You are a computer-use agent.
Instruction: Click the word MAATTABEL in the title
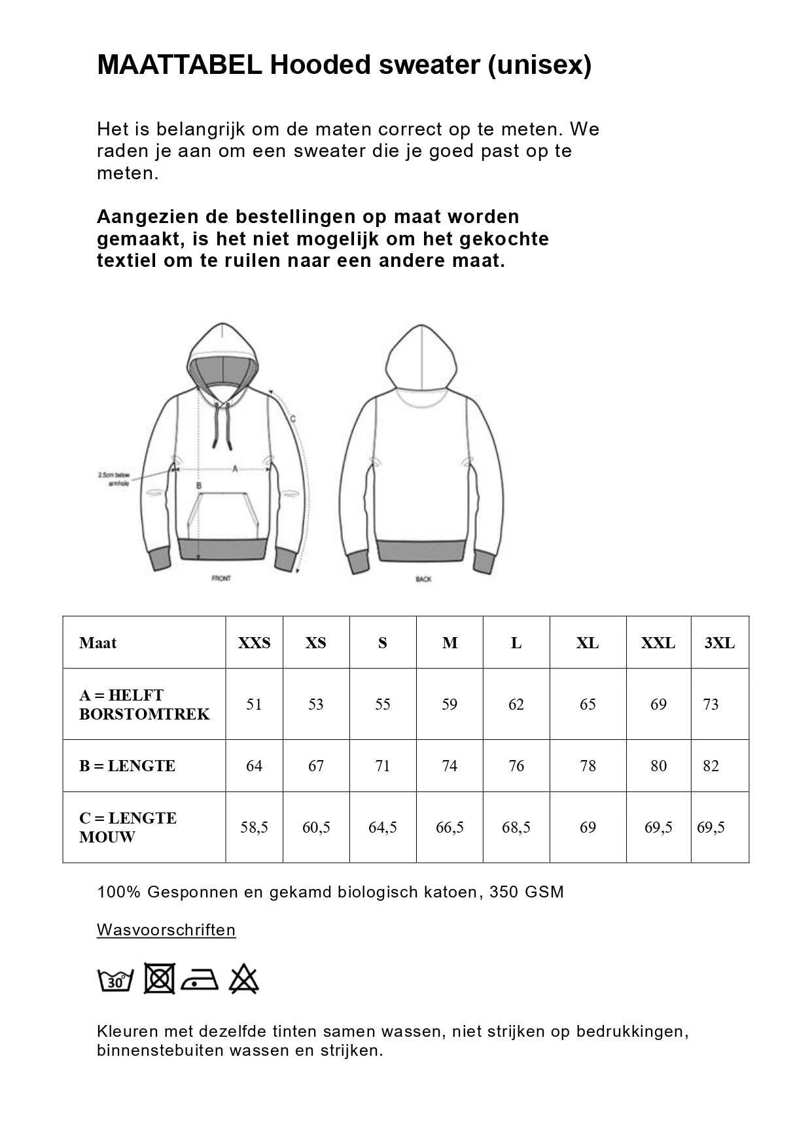[x=179, y=65]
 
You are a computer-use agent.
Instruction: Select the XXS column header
[x=254, y=643]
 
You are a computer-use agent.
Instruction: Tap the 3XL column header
[x=719, y=643]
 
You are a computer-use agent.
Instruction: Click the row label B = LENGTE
[x=127, y=766]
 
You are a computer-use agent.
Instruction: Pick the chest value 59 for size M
[x=450, y=704]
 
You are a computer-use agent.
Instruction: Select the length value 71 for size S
[x=383, y=766]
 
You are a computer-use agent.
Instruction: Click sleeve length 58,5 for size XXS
[x=254, y=827]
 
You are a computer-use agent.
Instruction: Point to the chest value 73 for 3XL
[x=711, y=704]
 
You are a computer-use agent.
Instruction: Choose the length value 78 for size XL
[x=588, y=766]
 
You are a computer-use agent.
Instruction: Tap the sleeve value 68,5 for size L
[x=516, y=827]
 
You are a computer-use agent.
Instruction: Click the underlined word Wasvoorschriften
[x=166, y=930]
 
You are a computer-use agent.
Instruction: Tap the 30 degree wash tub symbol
[x=116, y=980]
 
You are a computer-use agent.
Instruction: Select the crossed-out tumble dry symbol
[x=159, y=979]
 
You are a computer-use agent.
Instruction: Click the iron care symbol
[x=200, y=980]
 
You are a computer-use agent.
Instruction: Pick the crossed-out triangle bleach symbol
[x=244, y=979]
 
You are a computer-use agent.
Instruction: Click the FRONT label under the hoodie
[x=221, y=578]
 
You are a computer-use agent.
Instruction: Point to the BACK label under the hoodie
[x=423, y=579]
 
